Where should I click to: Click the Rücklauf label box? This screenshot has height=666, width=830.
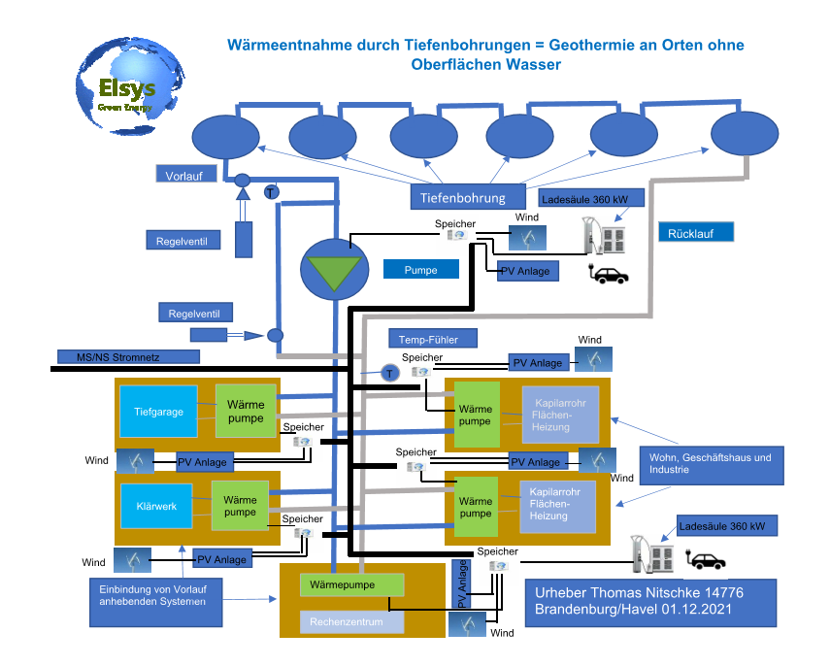pos(695,233)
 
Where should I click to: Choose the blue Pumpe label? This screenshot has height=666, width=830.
pos(420,270)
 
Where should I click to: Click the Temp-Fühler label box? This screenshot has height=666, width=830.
pos(435,339)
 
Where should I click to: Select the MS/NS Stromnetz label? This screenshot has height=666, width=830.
pos(116,356)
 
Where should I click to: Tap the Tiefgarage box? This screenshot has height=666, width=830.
pos(158,412)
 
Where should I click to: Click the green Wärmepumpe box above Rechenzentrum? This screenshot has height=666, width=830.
pos(350,585)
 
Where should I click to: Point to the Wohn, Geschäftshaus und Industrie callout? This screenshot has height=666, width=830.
pos(709,463)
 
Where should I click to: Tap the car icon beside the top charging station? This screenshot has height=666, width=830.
pos(611,276)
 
